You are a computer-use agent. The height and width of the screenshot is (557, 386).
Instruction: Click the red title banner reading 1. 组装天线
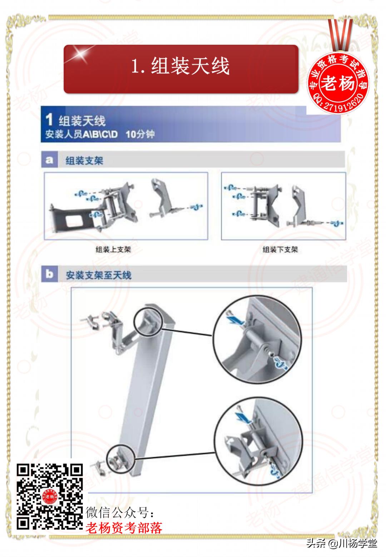[181, 69]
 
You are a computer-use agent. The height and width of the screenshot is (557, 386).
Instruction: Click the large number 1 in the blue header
[49, 120]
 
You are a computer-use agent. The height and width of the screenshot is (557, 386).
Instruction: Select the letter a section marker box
[49, 160]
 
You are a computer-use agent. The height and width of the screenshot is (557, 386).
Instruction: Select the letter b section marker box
[49, 274]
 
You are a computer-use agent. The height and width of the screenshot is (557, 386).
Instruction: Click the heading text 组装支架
[84, 160]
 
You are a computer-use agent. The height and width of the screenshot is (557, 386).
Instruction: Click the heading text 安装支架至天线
[99, 275]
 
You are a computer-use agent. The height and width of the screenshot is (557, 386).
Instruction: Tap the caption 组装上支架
[113, 249]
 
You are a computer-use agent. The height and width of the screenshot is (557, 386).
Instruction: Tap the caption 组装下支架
[280, 249]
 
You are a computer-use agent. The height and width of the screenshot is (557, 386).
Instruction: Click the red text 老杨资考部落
[124, 527]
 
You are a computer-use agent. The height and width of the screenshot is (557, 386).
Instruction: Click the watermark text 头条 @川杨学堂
[341, 544]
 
